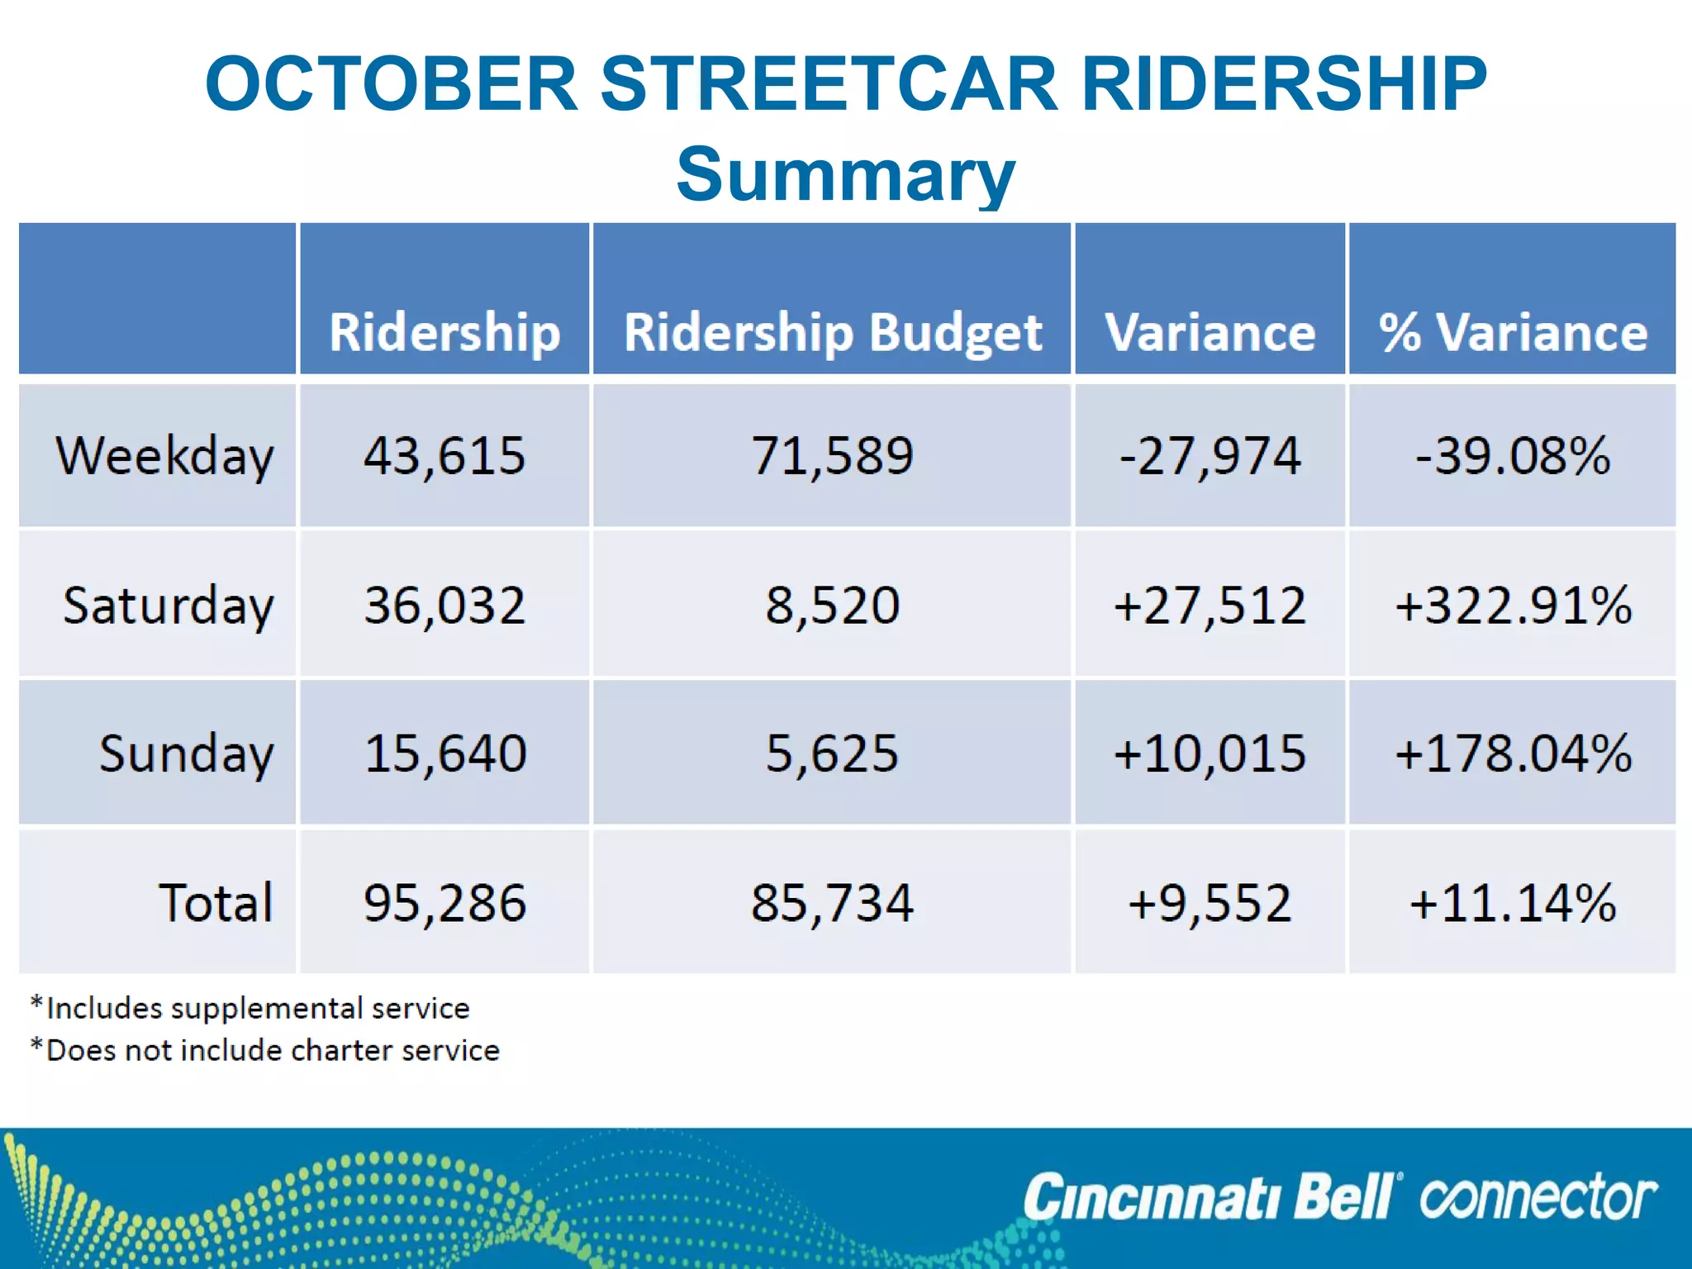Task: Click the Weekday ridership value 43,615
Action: point(444,455)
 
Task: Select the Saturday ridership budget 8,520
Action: point(832,605)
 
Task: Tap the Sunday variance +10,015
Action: point(1210,753)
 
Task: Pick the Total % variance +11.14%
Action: point(1512,902)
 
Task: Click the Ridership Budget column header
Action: point(832,332)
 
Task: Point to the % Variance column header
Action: point(1512,332)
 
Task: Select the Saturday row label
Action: point(168,605)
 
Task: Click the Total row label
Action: point(215,902)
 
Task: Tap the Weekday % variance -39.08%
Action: point(1512,455)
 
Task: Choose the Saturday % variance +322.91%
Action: point(1512,605)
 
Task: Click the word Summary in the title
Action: point(845,174)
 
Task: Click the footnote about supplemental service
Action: point(250,1008)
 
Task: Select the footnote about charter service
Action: point(265,1050)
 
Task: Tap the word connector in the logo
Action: point(1538,1198)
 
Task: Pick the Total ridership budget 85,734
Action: point(832,902)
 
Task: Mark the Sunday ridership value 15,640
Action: point(444,753)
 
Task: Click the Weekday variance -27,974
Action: point(1210,455)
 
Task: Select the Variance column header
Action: point(1210,332)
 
